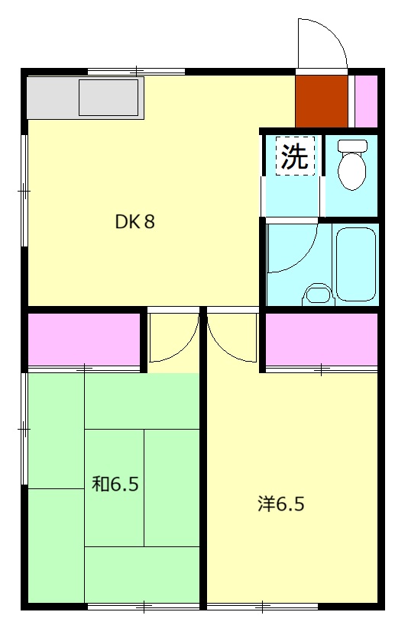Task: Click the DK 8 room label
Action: (x=134, y=221)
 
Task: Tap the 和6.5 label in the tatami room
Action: (x=115, y=484)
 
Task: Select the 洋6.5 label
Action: (x=280, y=504)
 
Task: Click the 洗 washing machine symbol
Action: (x=295, y=156)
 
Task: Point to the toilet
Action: (x=352, y=164)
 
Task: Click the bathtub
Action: (x=355, y=264)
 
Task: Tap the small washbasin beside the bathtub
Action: (x=319, y=294)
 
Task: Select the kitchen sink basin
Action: (x=108, y=98)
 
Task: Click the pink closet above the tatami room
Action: (x=84, y=340)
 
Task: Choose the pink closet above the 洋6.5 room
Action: (x=321, y=340)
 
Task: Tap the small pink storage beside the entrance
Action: (x=365, y=101)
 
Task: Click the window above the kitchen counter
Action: (x=136, y=72)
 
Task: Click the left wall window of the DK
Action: (x=24, y=191)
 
